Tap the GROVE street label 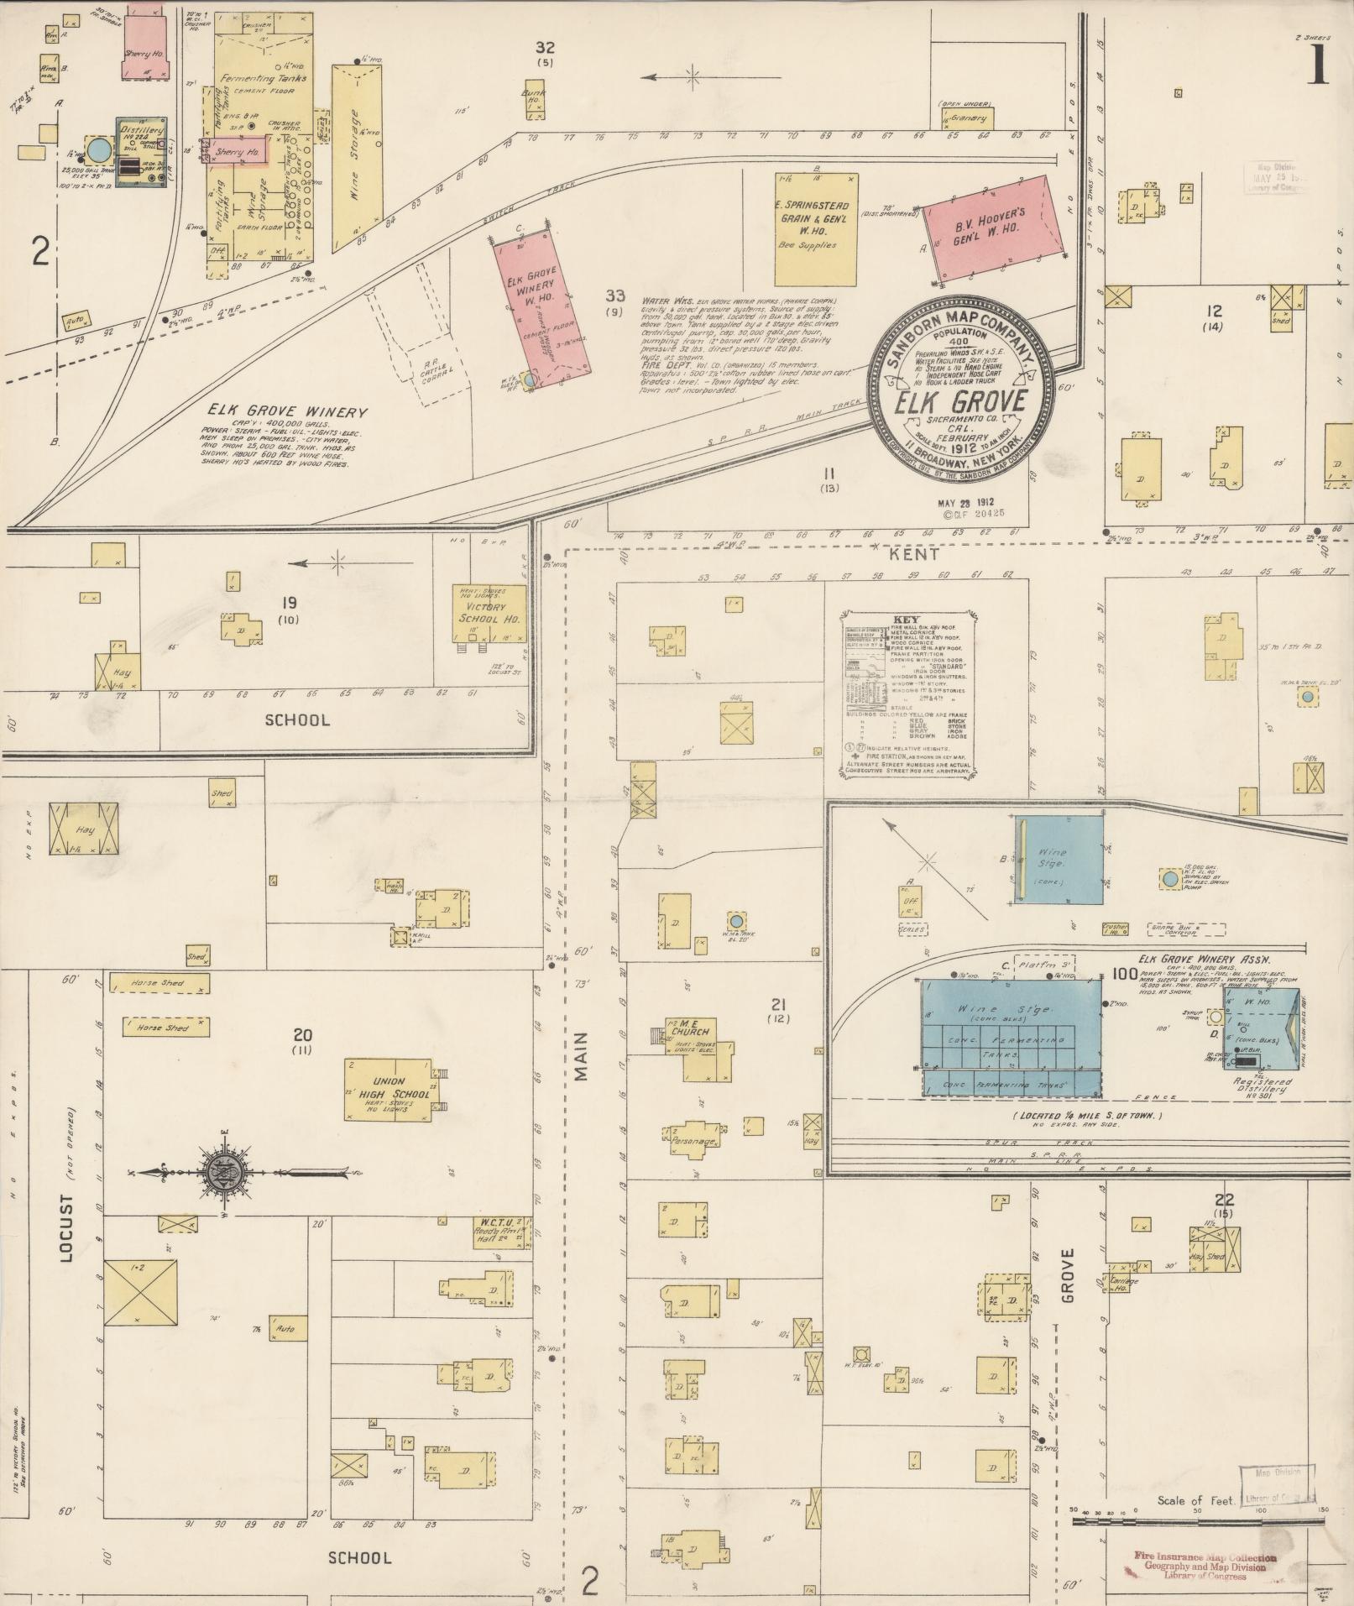(x=1068, y=1275)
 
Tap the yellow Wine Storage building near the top (x=355, y=157)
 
